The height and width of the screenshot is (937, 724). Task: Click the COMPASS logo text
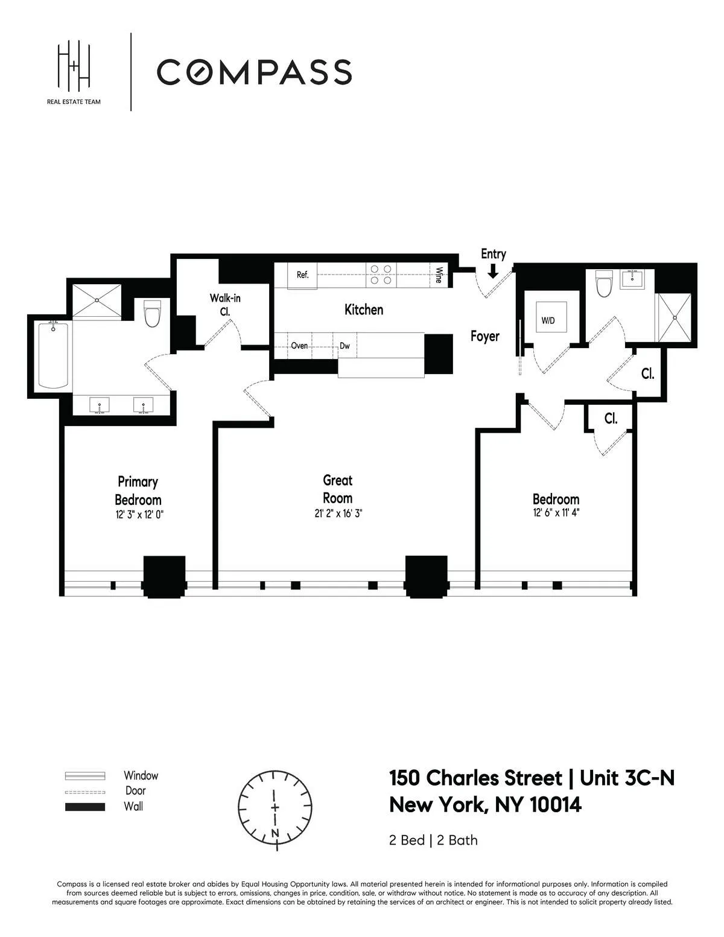(254, 72)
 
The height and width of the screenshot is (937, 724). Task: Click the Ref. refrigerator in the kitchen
(302, 275)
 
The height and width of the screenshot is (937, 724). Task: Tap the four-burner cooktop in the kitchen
(380, 275)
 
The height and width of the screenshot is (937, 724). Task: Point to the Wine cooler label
(439, 275)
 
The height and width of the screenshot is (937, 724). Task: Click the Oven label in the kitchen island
(299, 346)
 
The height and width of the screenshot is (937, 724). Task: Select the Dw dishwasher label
(345, 346)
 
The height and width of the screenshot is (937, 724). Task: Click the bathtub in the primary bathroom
(52, 355)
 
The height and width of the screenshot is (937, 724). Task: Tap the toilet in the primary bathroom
(152, 314)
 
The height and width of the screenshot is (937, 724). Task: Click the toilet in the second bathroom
(603, 285)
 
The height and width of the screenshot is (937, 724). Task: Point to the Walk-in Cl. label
(225, 305)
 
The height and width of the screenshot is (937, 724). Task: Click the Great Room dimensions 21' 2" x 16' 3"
(337, 514)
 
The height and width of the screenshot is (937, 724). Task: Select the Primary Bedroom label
(138, 491)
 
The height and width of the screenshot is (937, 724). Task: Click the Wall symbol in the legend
(84, 807)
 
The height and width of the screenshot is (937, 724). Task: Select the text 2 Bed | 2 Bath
(433, 840)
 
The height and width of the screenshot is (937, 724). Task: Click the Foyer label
(484, 336)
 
